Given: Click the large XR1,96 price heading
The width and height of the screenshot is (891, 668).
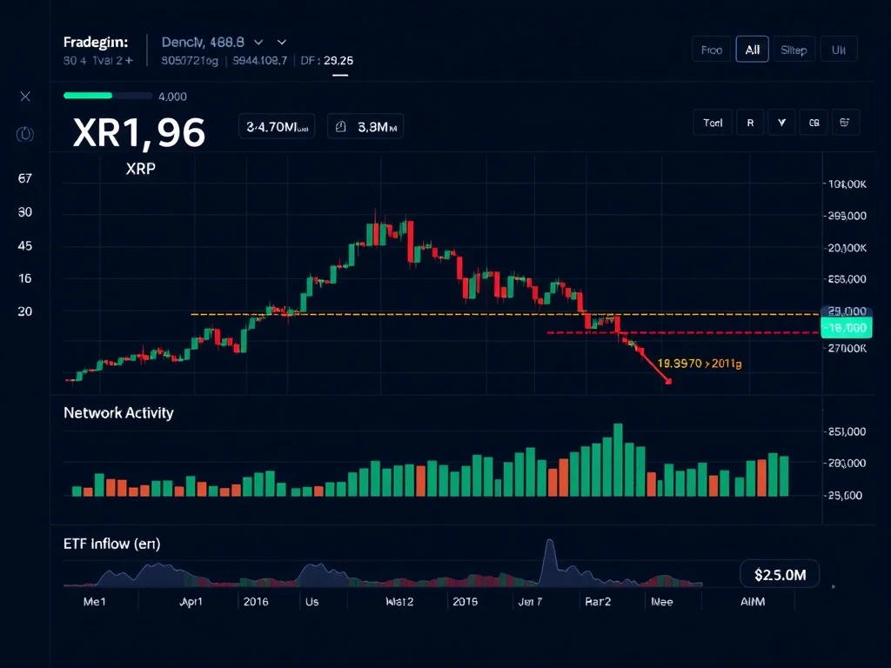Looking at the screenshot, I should click(x=139, y=132).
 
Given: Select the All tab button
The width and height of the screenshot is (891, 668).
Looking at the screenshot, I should click(x=752, y=50).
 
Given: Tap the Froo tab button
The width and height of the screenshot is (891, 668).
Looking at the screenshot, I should click(x=712, y=50).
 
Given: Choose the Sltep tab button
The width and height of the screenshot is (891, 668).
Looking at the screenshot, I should click(x=794, y=50).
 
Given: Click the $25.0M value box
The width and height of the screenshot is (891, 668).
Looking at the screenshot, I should click(x=780, y=574).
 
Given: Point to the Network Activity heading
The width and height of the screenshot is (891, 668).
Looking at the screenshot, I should click(x=118, y=413).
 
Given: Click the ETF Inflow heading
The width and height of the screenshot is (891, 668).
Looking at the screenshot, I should click(x=111, y=544).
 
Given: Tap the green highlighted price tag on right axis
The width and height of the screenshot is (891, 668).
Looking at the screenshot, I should click(x=844, y=328).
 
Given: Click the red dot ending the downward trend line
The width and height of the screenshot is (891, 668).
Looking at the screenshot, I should click(x=668, y=381).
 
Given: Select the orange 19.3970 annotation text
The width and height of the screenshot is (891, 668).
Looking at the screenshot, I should click(x=700, y=364).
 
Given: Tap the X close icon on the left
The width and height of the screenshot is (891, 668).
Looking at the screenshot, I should click(x=25, y=97).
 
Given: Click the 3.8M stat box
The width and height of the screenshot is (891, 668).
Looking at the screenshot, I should click(x=365, y=127).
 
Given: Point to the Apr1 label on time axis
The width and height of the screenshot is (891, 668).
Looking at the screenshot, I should click(x=191, y=601).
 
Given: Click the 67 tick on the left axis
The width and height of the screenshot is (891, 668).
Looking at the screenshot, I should click(x=25, y=178).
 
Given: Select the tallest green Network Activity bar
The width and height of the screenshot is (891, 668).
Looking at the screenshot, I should click(x=619, y=459).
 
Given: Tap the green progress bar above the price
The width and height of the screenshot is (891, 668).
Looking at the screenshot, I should click(x=88, y=96).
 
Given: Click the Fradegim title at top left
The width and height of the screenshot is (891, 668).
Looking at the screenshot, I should click(x=96, y=42).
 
